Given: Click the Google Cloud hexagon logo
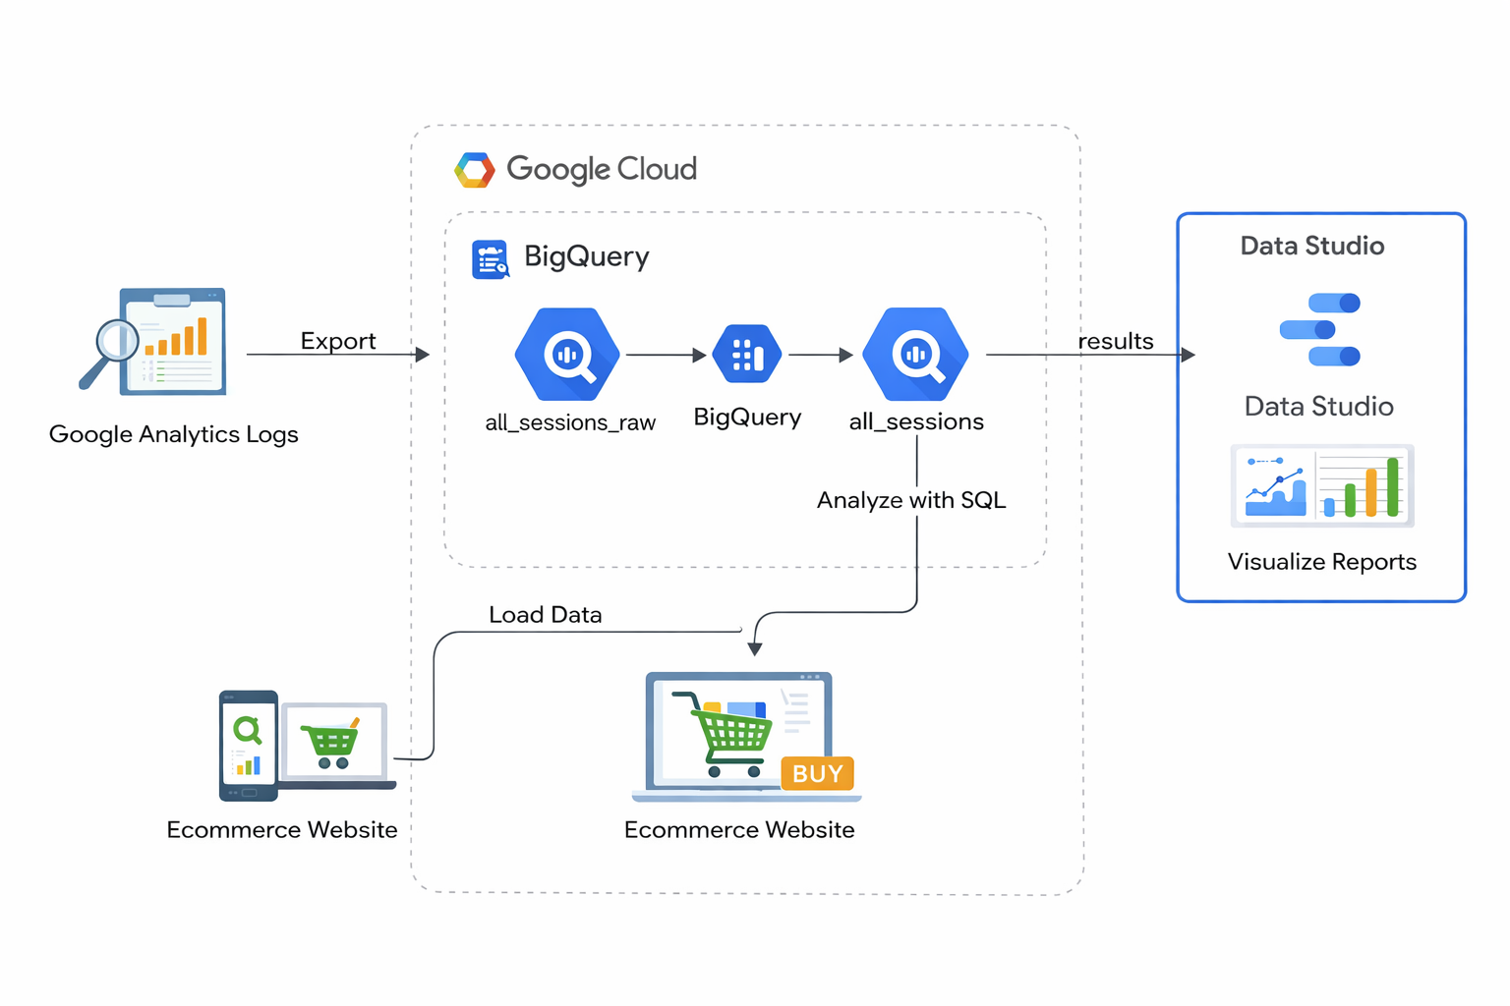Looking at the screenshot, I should point(474,170).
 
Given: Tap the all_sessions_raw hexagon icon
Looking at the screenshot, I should point(567,354).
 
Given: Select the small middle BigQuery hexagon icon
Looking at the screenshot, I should point(747,354).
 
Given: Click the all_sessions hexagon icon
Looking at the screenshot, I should point(915,354).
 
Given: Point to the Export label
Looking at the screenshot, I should point(338,341).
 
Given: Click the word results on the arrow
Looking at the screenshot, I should point(1115,341).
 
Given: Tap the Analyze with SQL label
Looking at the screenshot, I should point(911,500).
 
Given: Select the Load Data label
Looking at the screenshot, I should point(545,615).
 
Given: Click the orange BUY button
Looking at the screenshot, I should point(817,773).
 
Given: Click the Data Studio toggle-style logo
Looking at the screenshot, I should point(1320,329).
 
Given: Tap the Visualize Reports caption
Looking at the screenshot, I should point(1321,562).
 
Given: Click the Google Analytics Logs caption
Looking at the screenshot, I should point(173,434).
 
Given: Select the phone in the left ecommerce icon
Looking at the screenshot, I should point(248,745).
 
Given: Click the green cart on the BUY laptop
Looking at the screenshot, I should point(731,733).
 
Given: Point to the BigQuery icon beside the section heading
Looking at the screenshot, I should point(490,259).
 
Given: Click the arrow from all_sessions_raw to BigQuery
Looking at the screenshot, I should point(666,355).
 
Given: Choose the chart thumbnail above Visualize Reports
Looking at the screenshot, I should point(1321,485).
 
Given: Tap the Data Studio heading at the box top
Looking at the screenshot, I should point(1311,246).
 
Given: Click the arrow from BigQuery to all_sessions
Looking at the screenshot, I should point(820,355).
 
